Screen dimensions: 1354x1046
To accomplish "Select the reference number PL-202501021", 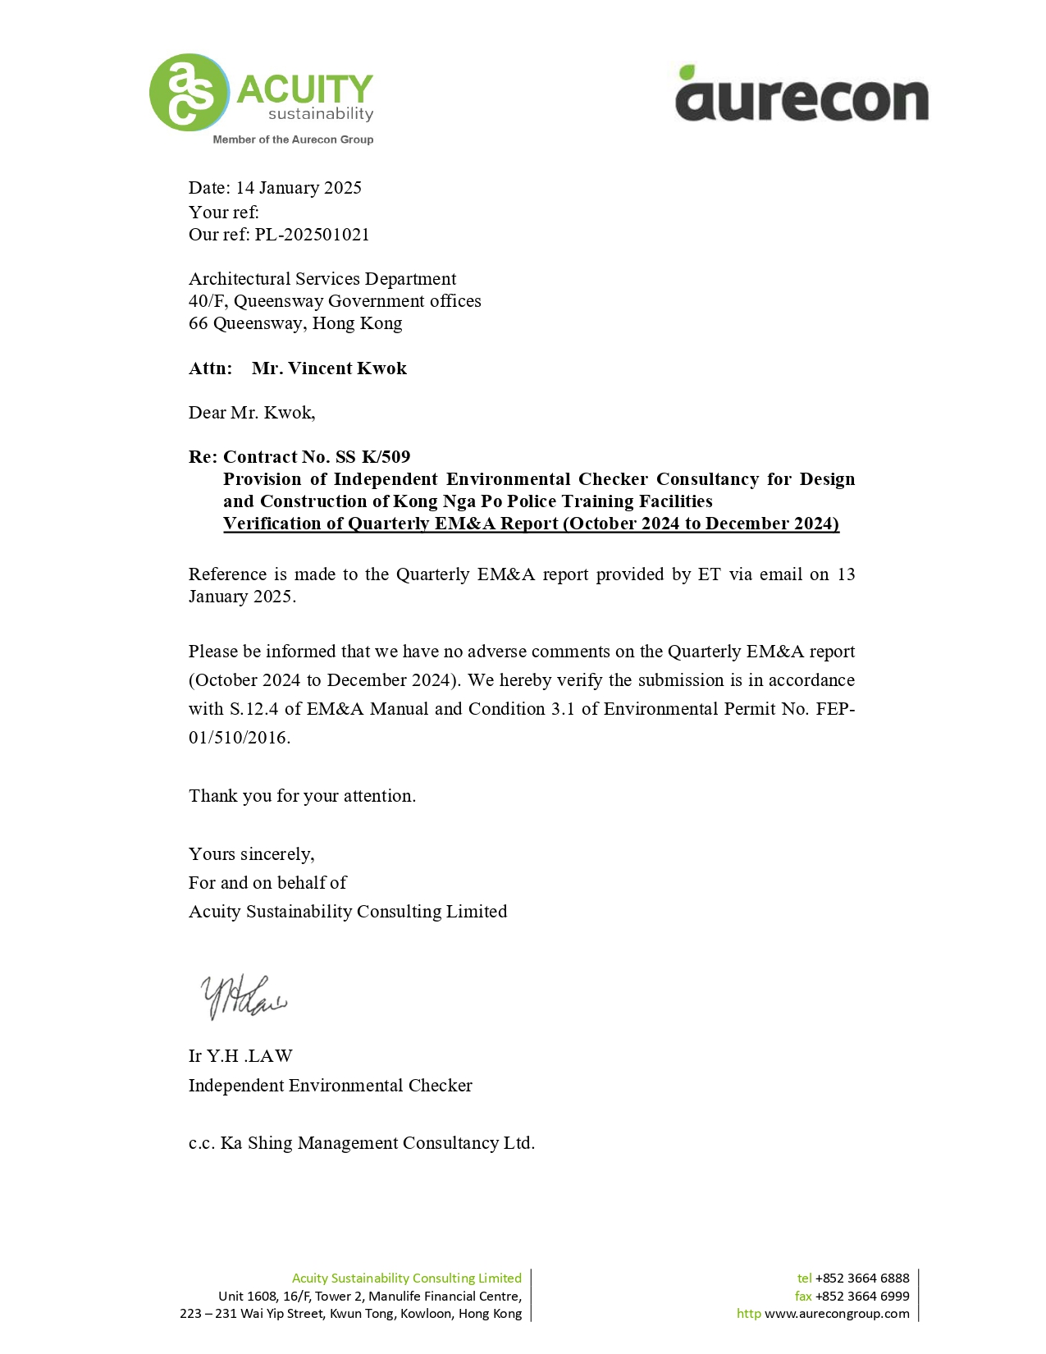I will coord(312,235).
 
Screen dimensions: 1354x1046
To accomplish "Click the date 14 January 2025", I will coord(299,188).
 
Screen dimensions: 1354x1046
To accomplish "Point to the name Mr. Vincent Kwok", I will coord(329,368).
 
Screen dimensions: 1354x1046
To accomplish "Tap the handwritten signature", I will coord(244,997).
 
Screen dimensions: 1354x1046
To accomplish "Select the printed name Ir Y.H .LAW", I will coord(240,1056).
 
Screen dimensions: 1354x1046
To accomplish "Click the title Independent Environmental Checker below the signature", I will coord(330,1086).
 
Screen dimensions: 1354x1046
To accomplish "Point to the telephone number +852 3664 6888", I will coord(861,1278).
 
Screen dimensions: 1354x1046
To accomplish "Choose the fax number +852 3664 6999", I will coord(861,1296).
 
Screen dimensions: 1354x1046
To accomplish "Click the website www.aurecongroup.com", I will coord(837,1314).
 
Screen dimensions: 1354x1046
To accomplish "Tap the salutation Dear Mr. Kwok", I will coord(252,413).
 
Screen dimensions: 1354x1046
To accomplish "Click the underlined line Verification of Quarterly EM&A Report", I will coord(531,524).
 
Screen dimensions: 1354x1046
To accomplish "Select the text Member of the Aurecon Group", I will coord(293,140).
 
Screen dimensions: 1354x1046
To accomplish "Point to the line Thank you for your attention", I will coord(302,796).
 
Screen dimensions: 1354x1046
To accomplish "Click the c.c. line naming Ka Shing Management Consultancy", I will coord(361,1143).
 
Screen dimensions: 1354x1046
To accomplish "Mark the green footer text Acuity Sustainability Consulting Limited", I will coord(406,1278).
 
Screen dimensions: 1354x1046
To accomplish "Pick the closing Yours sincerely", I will coord(251,854).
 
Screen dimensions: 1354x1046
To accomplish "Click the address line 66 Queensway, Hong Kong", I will coord(295,323).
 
